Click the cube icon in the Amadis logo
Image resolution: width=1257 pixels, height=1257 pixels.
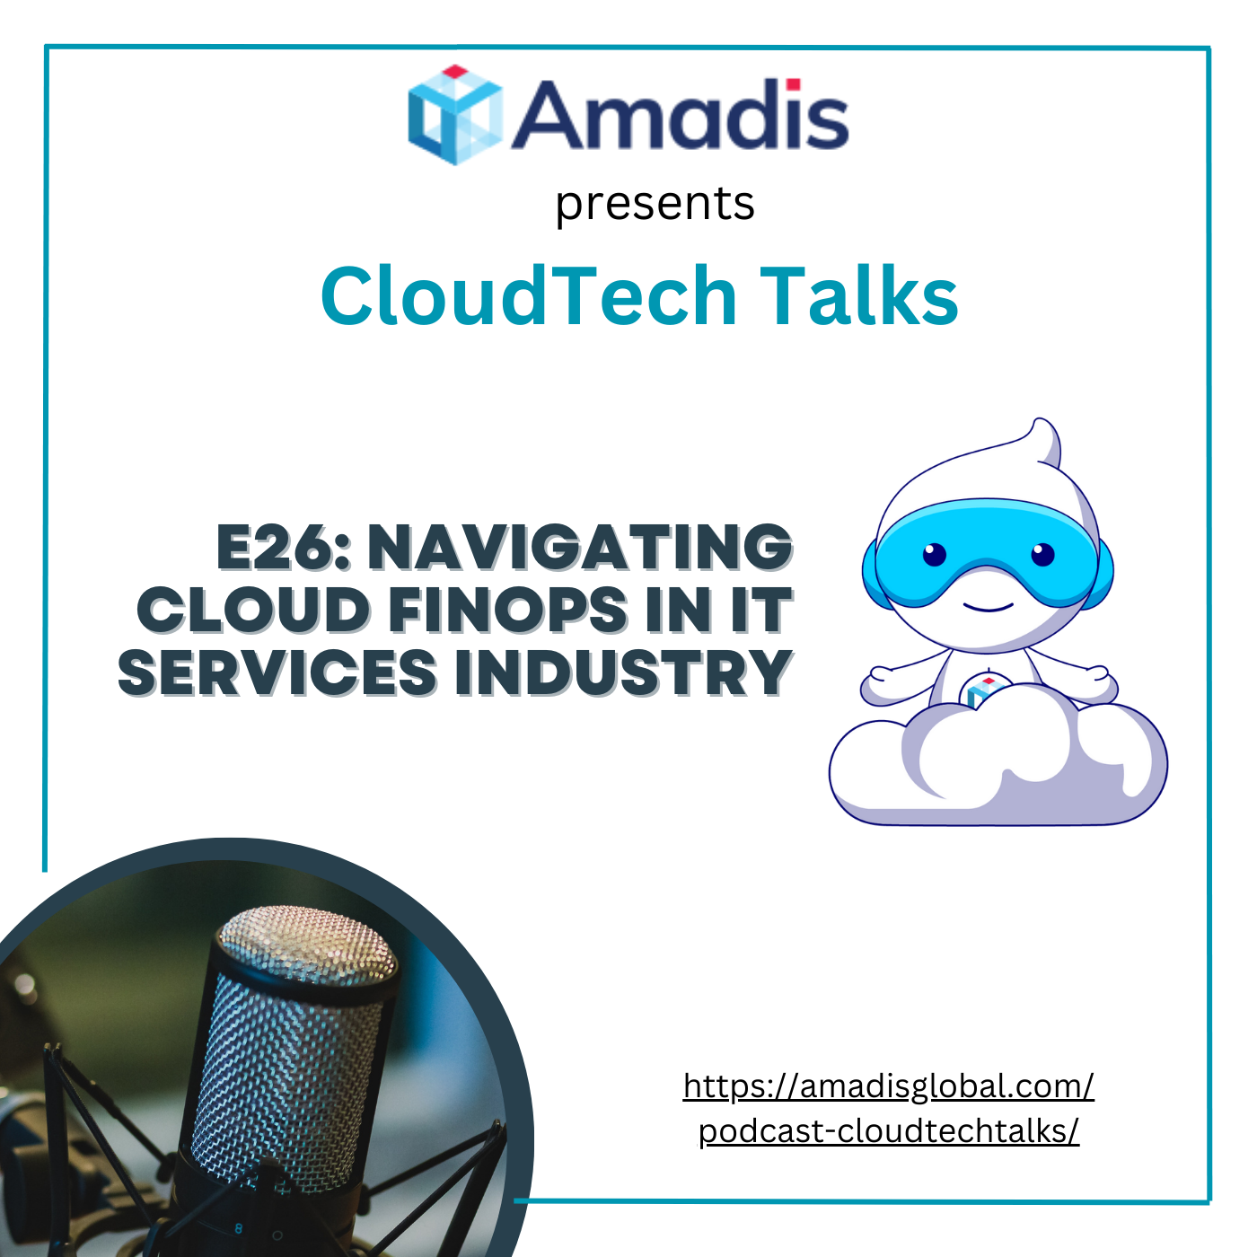[x=455, y=115]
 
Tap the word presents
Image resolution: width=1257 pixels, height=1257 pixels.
[x=655, y=205]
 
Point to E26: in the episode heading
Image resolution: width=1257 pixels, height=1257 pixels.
[x=284, y=548]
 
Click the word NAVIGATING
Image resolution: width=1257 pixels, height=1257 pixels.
[x=580, y=548]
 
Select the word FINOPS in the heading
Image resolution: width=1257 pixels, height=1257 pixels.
[x=508, y=610]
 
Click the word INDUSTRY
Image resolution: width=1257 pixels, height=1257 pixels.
[x=624, y=672]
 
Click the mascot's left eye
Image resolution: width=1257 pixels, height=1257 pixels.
[x=934, y=555]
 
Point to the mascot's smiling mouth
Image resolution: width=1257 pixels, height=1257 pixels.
[x=989, y=608]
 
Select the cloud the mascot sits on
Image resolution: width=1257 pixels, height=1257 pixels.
[x=998, y=763]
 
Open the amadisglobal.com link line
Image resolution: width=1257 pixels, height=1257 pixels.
[x=889, y=1086]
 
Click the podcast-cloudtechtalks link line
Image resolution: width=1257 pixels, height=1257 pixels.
[x=889, y=1132]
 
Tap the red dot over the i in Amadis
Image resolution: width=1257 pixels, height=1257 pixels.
[x=793, y=84]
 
